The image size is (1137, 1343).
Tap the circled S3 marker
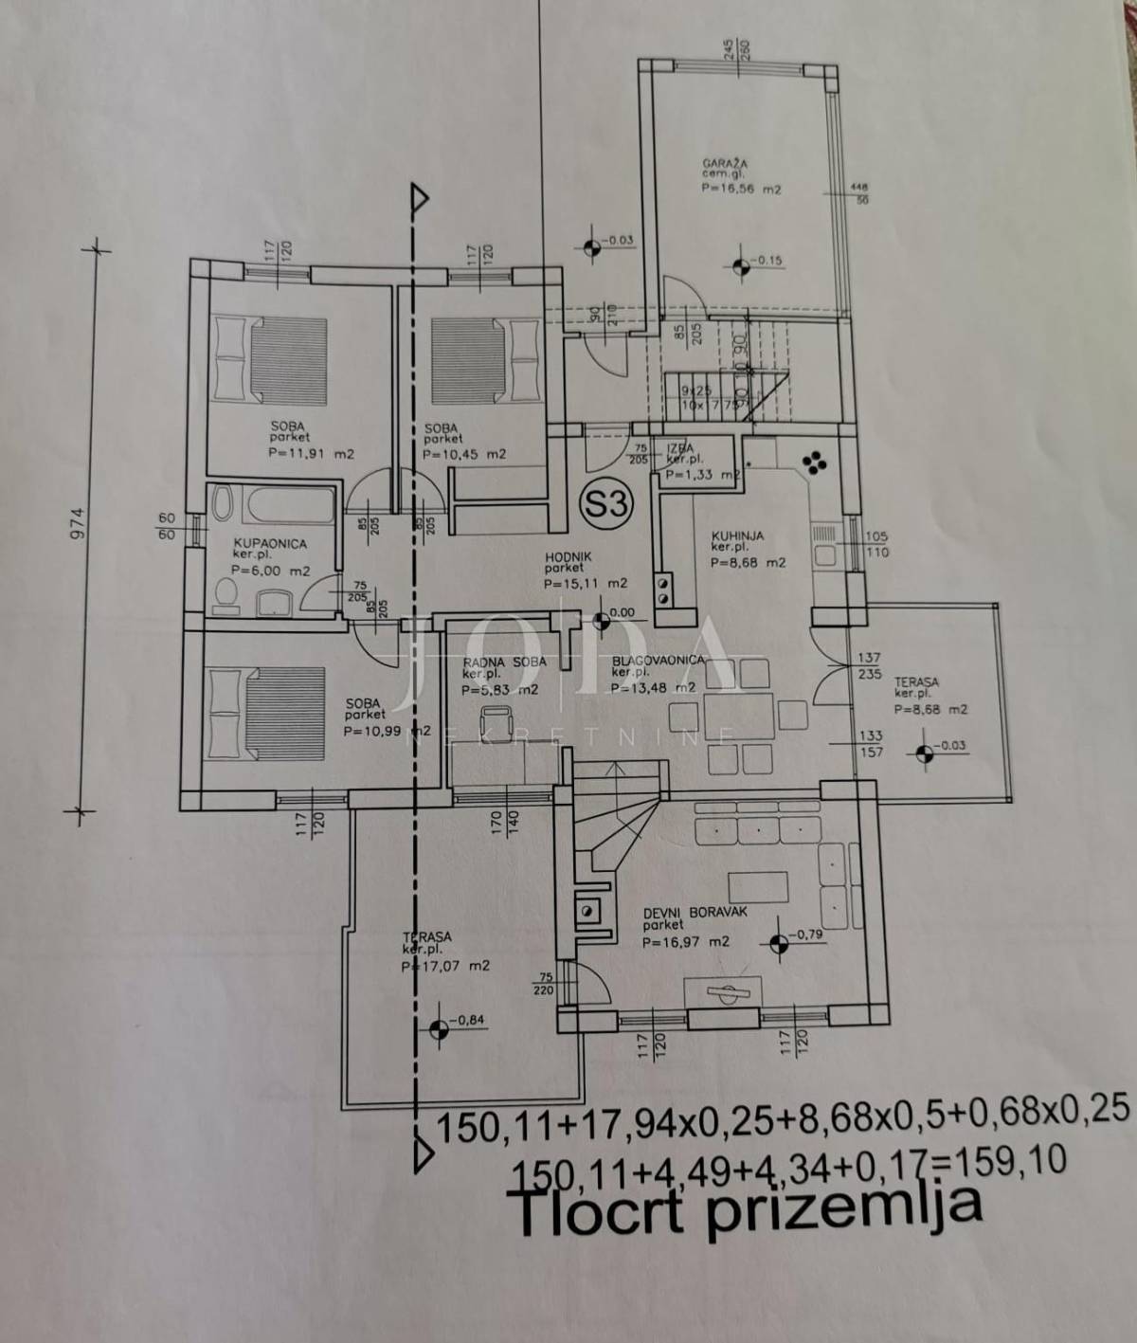606,503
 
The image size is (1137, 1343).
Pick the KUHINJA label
737,535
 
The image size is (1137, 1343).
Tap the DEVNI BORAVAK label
695,912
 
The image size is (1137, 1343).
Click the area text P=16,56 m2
742,189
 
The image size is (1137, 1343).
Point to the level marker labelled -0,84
437,1029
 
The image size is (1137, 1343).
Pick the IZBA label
679,447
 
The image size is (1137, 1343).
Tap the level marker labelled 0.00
600,622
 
